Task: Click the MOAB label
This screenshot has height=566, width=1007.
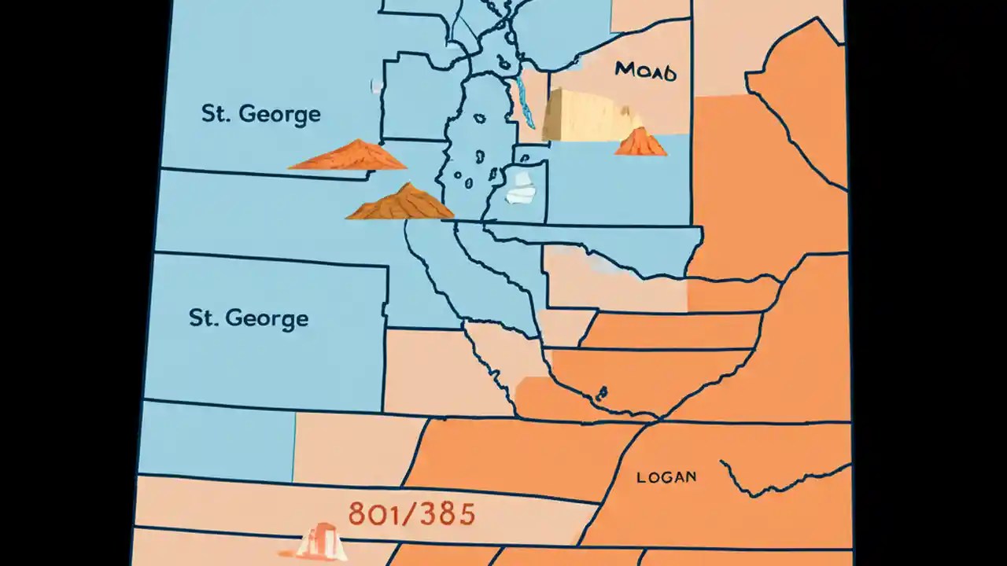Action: coord(645,71)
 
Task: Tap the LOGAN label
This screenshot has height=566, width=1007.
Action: coord(666,477)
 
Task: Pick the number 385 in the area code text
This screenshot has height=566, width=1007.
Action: coord(448,514)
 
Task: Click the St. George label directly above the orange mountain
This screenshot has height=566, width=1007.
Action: coord(260,114)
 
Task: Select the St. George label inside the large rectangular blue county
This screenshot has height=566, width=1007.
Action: coord(249,318)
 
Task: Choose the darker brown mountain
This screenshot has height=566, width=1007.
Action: coord(400,204)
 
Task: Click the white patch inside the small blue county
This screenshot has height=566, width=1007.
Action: coord(520,189)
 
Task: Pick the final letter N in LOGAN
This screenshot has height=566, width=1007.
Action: coord(690,477)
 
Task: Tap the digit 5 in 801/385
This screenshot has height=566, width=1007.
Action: coord(466,514)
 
